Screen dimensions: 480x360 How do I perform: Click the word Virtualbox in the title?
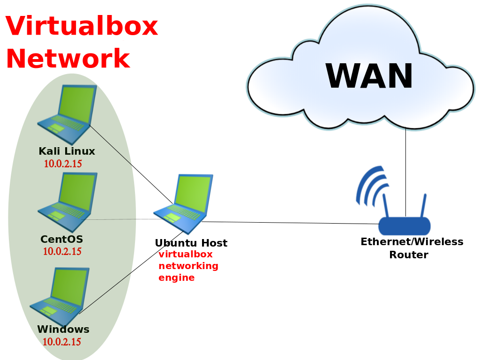click(x=82, y=26)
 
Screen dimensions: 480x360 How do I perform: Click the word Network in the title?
click(x=68, y=58)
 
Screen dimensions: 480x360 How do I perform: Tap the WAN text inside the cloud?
click(x=369, y=75)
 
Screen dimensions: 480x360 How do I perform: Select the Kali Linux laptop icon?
click(x=67, y=114)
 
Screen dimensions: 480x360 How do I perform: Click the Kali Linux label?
click(x=67, y=151)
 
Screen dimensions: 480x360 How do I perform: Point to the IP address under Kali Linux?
click(x=63, y=164)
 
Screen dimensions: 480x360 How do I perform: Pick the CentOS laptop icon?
click(x=67, y=202)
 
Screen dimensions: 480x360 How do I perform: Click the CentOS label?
click(x=61, y=239)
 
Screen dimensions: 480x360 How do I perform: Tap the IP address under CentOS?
click(x=62, y=251)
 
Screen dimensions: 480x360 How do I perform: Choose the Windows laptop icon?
click(x=60, y=296)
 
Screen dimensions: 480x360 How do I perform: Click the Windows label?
click(x=63, y=330)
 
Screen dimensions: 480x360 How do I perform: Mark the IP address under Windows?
click(x=61, y=342)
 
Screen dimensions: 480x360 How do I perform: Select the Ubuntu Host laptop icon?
click(x=183, y=204)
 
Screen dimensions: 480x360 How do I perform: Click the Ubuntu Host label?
click(x=191, y=243)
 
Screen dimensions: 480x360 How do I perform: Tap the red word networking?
click(x=188, y=266)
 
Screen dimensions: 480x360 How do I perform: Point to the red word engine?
click(x=176, y=278)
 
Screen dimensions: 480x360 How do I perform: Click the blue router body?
click(x=405, y=226)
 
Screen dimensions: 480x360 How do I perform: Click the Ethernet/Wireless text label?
click(x=412, y=241)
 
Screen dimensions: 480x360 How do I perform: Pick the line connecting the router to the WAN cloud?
click(x=405, y=172)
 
